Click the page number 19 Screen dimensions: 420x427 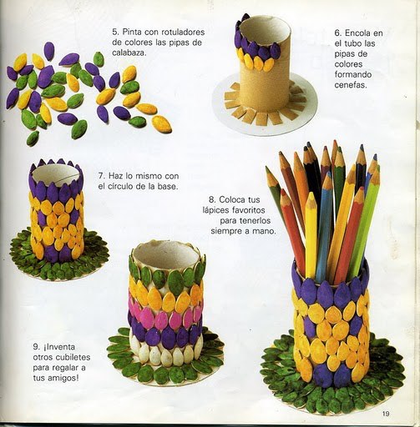coord(386,414)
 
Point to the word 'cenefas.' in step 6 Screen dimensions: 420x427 coord(351,85)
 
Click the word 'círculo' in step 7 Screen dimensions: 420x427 coord(120,186)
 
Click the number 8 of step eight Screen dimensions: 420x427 coord(212,199)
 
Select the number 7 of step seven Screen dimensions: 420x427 coord(101,176)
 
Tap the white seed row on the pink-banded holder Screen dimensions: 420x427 coord(166,352)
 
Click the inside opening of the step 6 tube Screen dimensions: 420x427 coord(265,30)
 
